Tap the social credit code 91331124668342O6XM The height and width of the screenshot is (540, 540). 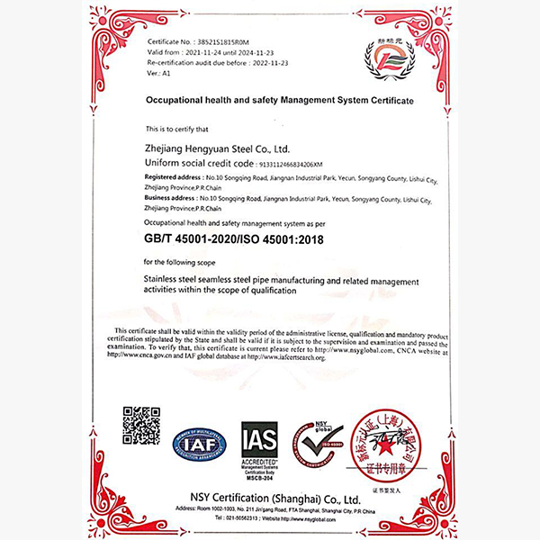pos(283,165)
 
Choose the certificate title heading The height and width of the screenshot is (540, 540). pos(279,101)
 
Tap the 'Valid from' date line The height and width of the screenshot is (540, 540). pos(203,53)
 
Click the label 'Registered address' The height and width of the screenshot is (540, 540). pos(169,178)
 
